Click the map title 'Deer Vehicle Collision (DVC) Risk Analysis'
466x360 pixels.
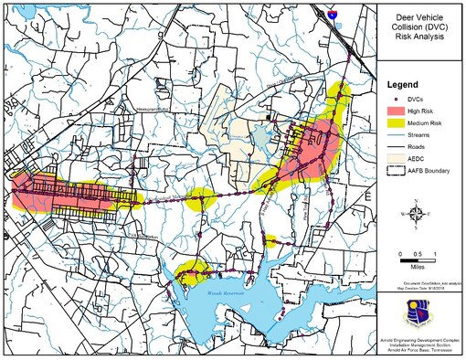click(421, 28)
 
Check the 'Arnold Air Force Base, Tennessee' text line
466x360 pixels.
click(419, 355)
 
